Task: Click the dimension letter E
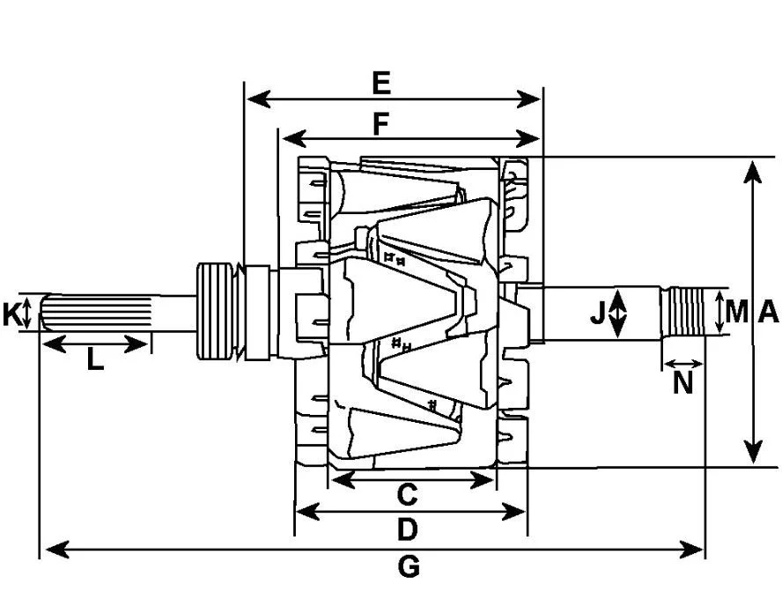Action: (x=381, y=84)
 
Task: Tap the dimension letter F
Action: (x=381, y=124)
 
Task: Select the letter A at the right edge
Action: (x=768, y=312)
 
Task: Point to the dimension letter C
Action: (x=407, y=494)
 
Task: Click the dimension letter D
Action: (x=407, y=529)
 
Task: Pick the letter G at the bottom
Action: (x=409, y=567)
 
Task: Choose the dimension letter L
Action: (x=95, y=359)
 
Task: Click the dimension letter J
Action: (x=597, y=314)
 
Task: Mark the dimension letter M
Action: (x=737, y=312)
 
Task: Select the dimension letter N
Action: (x=683, y=383)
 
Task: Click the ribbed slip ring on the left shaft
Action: (x=216, y=311)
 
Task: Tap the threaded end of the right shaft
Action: (x=685, y=312)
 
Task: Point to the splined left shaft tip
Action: (x=96, y=313)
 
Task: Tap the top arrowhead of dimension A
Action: (x=753, y=173)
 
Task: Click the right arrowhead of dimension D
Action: (x=513, y=512)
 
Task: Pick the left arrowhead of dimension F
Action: (x=294, y=138)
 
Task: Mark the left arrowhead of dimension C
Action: (x=343, y=480)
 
